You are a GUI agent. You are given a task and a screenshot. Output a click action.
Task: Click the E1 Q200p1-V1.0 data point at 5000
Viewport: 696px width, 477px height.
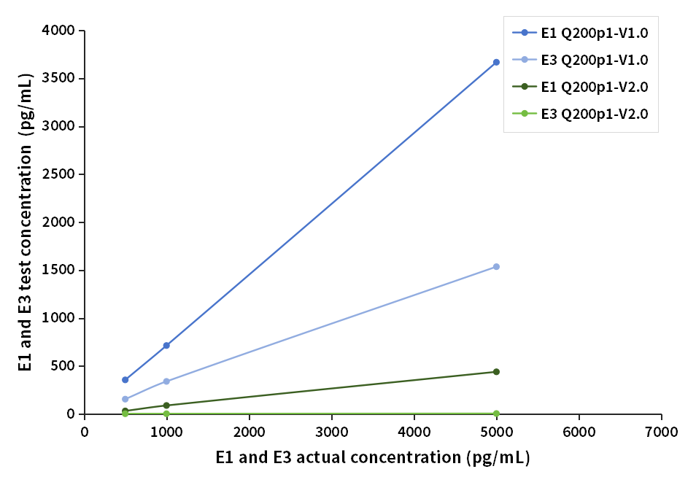496,62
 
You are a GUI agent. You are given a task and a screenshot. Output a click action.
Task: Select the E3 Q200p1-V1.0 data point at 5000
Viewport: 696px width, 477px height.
496,267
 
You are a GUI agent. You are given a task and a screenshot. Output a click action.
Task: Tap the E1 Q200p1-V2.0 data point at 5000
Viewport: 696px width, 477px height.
496,372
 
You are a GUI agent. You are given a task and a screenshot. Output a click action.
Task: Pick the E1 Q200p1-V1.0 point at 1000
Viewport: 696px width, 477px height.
166,345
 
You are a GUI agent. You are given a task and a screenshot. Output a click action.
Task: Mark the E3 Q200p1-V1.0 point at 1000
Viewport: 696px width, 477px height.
166,381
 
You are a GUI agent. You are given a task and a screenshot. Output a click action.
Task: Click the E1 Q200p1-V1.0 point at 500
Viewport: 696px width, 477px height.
125,380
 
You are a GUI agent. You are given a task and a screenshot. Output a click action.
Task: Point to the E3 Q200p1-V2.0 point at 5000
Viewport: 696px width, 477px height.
496,414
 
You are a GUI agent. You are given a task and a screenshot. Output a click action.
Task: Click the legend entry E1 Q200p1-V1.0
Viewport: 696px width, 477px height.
580,33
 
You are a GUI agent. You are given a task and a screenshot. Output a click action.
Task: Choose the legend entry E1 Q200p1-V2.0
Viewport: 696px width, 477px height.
580,87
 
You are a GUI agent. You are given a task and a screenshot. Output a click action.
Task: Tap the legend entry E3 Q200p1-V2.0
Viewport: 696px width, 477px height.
580,114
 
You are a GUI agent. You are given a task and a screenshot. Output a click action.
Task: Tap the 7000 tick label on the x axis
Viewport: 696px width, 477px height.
662,431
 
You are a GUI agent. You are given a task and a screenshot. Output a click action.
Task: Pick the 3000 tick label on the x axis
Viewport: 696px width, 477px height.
332,431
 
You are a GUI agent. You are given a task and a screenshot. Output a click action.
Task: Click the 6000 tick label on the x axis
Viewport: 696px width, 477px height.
579,431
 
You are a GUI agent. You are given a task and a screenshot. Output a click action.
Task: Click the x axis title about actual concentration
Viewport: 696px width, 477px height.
372,458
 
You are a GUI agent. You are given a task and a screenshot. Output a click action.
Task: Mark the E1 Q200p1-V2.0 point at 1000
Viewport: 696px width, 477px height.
166,406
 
